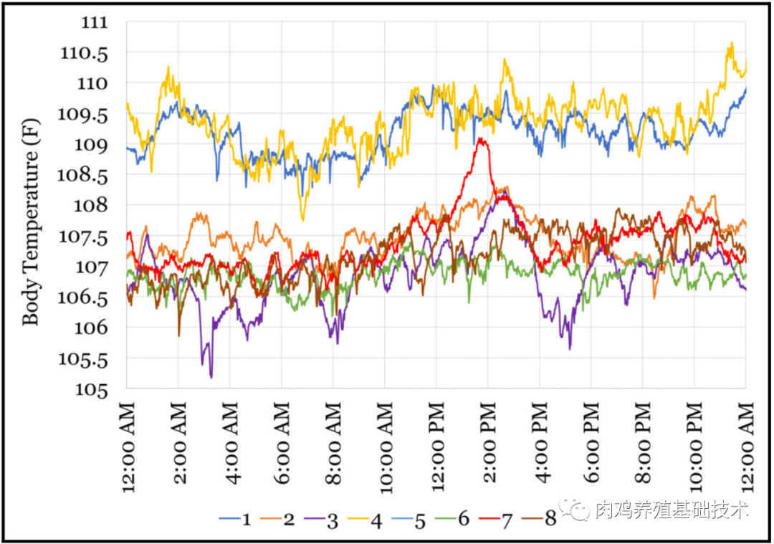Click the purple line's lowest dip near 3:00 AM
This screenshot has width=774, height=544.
coord(211,377)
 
